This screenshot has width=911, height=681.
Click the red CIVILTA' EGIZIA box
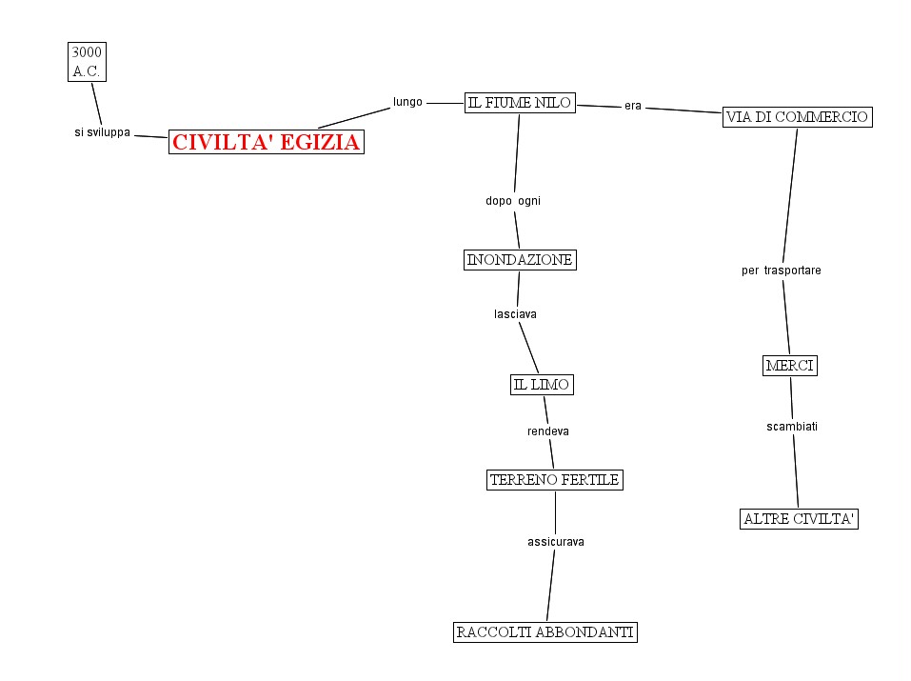(x=267, y=143)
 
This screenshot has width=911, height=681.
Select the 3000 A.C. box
(x=86, y=61)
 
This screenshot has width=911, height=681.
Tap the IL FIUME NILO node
(x=520, y=103)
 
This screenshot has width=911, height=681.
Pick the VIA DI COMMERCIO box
(x=797, y=117)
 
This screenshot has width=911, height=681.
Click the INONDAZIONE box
(x=520, y=260)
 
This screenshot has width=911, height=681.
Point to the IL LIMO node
(x=542, y=385)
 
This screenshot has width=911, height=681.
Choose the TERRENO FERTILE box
(x=554, y=480)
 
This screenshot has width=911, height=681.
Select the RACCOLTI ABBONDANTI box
(x=545, y=632)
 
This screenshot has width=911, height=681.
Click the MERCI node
(x=790, y=366)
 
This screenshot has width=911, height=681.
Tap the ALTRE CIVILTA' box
(x=799, y=519)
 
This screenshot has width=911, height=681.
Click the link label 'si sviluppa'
(x=103, y=132)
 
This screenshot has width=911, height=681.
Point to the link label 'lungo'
(x=407, y=102)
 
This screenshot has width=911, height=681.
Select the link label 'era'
(x=633, y=106)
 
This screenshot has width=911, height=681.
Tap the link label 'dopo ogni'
(x=513, y=201)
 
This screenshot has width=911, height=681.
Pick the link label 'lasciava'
(x=516, y=313)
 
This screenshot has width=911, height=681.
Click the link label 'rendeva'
(x=548, y=431)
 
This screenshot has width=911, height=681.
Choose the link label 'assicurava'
(x=556, y=542)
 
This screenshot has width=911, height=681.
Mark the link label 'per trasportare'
(x=782, y=270)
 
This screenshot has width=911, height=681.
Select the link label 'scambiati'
(x=792, y=426)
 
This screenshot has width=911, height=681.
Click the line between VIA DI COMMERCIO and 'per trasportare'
(x=790, y=195)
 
